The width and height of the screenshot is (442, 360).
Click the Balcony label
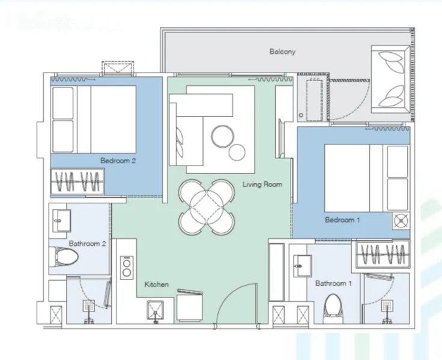click(282, 52)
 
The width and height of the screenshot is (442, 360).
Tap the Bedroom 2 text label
click(118, 161)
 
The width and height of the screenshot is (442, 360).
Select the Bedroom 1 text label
click(342, 220)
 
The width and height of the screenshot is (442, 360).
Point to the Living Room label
click(262, 184)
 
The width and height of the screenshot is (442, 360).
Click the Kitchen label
click(156, 284)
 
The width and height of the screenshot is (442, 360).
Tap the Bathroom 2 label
click(88, 244)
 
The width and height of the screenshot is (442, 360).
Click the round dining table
click(206, 208)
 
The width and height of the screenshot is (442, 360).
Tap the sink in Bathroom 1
click(301, 265)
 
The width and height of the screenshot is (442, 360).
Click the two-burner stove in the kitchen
click(127, 267)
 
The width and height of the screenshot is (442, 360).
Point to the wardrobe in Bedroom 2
click(77, 181)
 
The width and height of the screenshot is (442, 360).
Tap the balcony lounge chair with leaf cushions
click(391, 78)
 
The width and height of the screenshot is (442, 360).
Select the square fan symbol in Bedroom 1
click(400, 220)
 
